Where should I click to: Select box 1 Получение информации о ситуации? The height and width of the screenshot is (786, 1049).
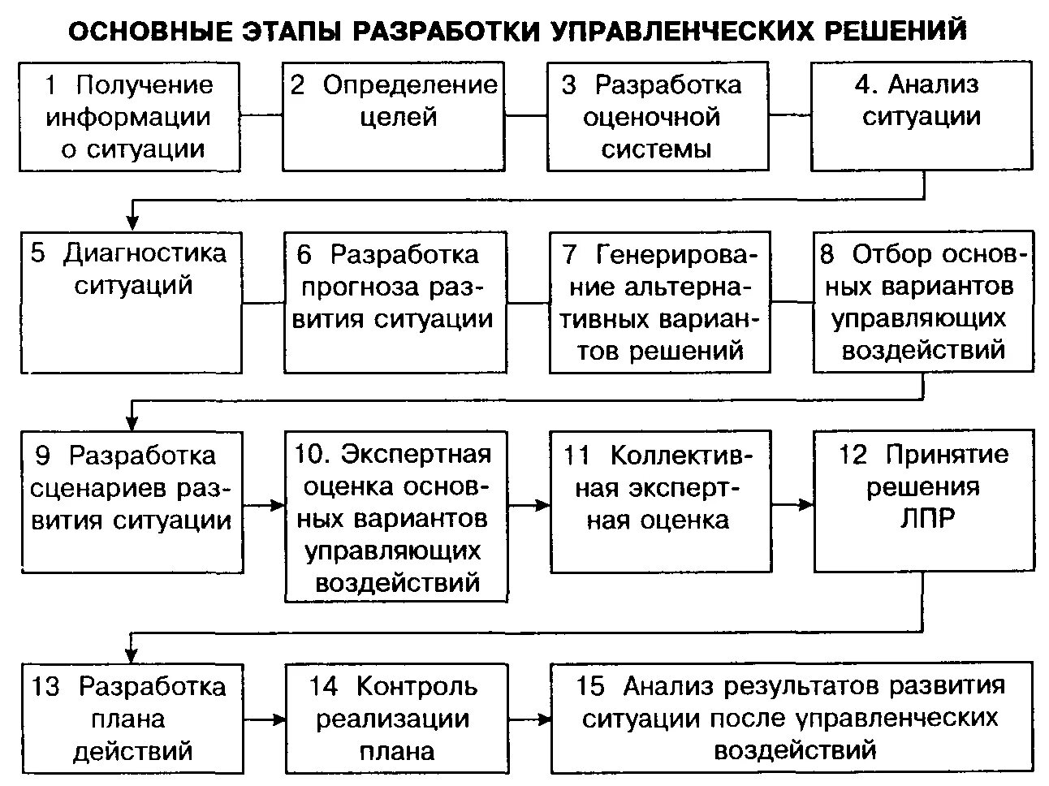(x=130, y=116)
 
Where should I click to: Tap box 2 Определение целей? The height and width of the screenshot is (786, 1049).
(x=394, y=116)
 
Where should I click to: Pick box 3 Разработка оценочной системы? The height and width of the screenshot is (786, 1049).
(x=658, y=116)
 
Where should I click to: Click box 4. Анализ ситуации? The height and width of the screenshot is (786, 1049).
(x=922, y=116)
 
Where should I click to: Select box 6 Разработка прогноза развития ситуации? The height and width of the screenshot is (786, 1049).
(x=395, y=302)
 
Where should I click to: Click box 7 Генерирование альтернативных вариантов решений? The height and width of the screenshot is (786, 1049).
(x=659, y=302)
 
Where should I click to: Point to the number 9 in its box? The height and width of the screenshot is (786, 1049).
(x=43, y=456)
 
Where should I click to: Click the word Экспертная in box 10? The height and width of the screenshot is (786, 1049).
(x=416, y=454)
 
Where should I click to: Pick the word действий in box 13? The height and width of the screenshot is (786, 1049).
(x=132, y=749)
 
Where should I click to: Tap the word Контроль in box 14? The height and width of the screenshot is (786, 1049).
(x=417, y=686)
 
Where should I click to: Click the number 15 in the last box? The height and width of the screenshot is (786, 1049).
(x=590, y=686)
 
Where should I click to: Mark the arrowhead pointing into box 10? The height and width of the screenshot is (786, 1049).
(x=278, y=504)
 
